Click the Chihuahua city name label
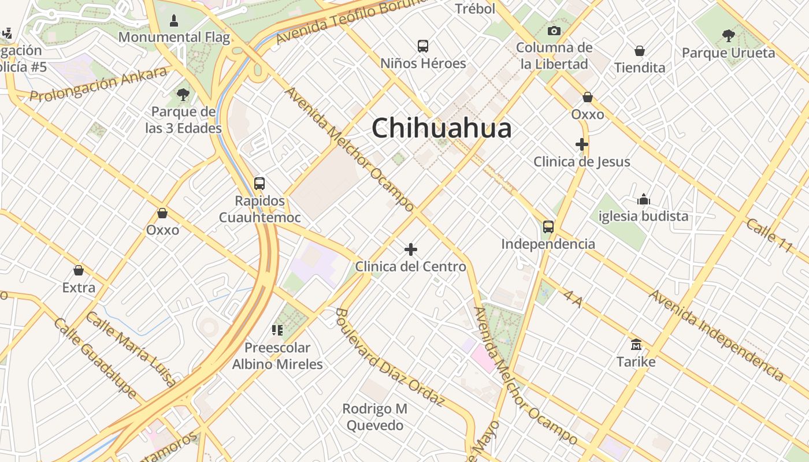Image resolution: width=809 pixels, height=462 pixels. click(x=441, y=128)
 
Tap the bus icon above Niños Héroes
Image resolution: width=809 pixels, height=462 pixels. click(x=423, y=46)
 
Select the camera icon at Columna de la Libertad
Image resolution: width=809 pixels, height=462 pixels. click(x=554, y=31)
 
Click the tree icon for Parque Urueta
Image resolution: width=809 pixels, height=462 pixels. click(x=728, y=36)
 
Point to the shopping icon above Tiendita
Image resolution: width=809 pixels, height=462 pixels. click(x=640, y=51)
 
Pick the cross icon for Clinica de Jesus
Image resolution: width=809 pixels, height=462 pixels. click(x=582, y=144)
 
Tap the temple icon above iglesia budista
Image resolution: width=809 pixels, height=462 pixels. click(x=644, y=200)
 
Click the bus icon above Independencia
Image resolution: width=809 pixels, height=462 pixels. click(x=548, y=226)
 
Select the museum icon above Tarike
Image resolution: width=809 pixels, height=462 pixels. click(x=636, y=345)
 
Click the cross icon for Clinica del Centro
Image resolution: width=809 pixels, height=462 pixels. click(x=411, y=249)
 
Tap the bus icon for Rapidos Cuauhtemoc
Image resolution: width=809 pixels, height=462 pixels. click(x=259, y=184)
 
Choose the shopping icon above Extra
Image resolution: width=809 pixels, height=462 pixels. click(x=79, y=270)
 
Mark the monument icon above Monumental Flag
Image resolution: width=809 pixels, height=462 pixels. click(x=173, y=21)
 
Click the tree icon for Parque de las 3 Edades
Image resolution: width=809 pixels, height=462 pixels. click(x=183, y=94)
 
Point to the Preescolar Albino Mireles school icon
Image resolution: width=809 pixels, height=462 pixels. click(x=277, y=330)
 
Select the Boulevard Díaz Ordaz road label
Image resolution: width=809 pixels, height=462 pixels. click(x=389, y=357)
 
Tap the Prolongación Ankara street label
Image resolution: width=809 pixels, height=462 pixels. click(x=98, y=84)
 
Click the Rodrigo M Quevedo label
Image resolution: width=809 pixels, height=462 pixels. click(x=374, y=417)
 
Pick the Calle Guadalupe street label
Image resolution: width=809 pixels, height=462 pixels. click(x=95, y=358)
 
